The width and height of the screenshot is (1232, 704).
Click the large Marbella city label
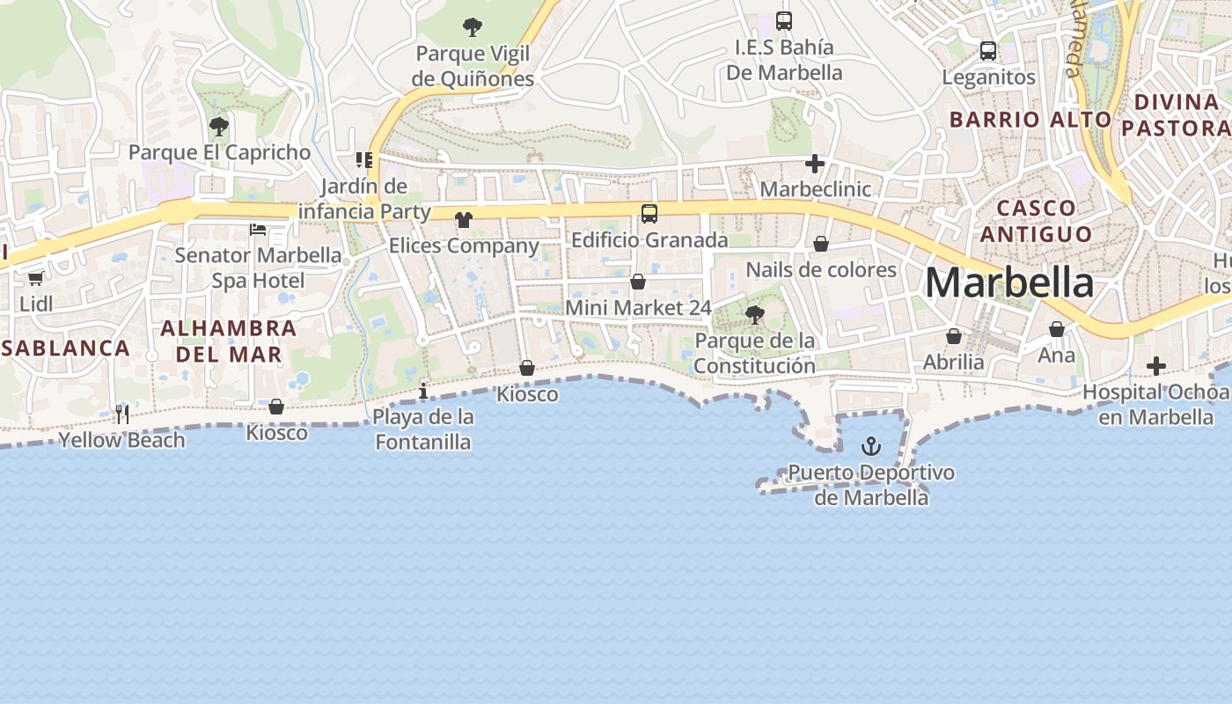(1009, 283)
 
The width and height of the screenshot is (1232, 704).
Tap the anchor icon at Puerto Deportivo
(871, 446)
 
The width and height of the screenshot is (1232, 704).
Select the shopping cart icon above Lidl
(35, 279)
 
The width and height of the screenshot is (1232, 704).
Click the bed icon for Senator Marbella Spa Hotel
(257, 230)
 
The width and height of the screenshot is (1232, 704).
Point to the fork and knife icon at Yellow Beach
(122, 414)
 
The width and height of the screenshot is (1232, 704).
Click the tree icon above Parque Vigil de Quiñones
(473, 27)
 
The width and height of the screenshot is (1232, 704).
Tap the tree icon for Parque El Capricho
(219, 127)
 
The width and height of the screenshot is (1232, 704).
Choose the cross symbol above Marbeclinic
(815, 163)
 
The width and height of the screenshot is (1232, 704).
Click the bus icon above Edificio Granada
(649, 214)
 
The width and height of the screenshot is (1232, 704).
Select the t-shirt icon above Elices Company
(464, 219)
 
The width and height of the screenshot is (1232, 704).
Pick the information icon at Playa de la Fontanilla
(423, 391)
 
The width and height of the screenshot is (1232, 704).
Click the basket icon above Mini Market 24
(638, 282)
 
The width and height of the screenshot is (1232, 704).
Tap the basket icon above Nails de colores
(821, 244)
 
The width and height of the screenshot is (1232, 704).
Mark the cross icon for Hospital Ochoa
(1156, 366)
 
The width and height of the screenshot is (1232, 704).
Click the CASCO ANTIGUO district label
(1036, 221)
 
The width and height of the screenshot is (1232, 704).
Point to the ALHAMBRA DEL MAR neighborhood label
(229, 341)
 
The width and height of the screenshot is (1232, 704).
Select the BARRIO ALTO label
(1030, 119)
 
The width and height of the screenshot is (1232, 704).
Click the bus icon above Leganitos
(988, 51)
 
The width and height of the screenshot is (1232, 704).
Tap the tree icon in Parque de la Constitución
(754, 314)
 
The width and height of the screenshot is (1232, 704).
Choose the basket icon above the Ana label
(1057, 329)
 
